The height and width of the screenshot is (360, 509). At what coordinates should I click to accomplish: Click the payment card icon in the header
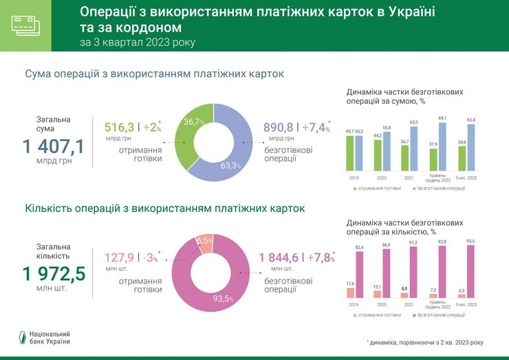coord(25,25)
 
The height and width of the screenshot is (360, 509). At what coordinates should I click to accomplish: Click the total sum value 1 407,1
coord(54,146)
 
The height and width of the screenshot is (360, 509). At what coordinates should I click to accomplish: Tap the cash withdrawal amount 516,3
coord(119,127)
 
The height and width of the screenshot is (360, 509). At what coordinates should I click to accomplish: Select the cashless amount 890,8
coord(279,127)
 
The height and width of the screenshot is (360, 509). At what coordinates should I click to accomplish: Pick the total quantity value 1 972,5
coord(54,275)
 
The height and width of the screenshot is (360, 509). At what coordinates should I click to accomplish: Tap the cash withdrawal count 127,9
coord(119,258)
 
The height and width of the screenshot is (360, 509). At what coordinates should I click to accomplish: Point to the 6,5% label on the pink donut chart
coord(205,240)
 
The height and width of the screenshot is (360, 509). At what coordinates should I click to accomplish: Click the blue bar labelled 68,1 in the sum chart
coord(442,146)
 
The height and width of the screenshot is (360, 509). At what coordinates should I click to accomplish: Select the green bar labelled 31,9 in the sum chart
coord(433,159)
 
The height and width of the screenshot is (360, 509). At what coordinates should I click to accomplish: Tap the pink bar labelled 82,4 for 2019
coord(358,275)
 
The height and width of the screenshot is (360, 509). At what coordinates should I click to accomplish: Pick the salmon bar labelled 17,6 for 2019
coord(350,293)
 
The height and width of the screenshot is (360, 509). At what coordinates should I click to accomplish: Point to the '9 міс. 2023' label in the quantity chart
coord(466,304)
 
